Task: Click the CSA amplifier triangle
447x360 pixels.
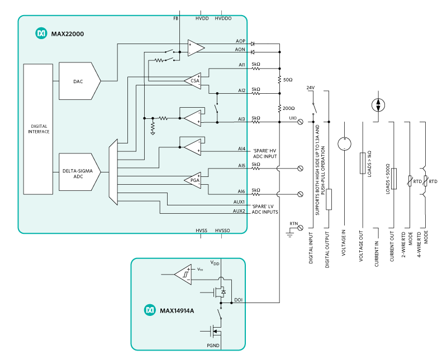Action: tap(193, 80)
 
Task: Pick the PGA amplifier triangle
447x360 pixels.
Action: tap(193, 180)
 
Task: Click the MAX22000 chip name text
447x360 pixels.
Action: tap(67, 34)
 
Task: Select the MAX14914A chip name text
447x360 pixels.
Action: tap(177, 310)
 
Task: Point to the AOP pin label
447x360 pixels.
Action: tap(241, 41)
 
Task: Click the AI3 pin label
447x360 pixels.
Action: tap(241, 119)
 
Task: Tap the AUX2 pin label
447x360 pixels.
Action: tap(239, 211)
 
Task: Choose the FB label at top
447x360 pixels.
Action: tap(176, 18)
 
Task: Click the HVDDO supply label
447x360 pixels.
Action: tap(223, 18)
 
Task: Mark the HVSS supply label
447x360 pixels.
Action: tap(202, 230)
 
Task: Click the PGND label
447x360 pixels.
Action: tap(212, 346)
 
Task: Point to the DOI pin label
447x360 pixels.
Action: tap(238, 300)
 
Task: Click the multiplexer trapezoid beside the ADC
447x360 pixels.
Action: tap(113, 172)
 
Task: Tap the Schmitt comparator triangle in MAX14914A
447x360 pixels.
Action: tap(183, 274)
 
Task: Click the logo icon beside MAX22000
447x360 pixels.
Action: tap(41, 34)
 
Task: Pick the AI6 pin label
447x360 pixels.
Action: tap(241, 191)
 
